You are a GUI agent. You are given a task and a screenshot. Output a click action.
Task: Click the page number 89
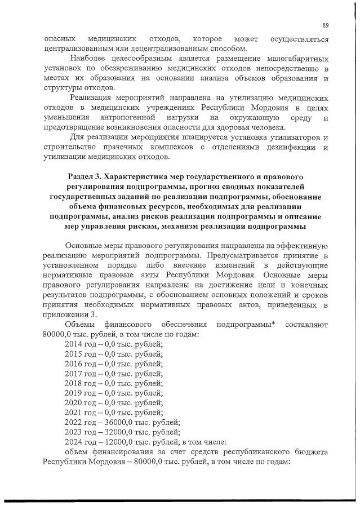(325, 25)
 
